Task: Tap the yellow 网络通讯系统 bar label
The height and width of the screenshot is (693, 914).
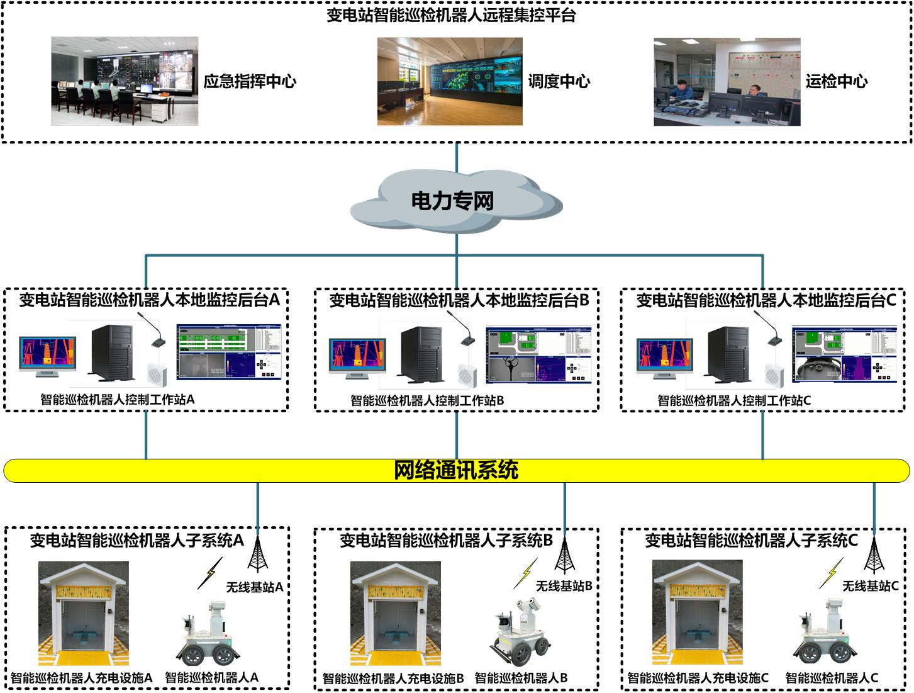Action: [x=456, y=470]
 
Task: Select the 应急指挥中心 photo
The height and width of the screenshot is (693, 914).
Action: [x=125, y=81]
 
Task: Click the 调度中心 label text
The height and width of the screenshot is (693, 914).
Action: [x=559, y=81]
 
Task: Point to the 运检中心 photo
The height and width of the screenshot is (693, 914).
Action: [x=727, y=82]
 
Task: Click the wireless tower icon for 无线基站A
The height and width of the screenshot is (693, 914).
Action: [x=257, y=554]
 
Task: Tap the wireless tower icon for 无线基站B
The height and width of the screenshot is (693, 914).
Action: [x=564, y=554]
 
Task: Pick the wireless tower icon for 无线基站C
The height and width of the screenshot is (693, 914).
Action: [x=873, y=554]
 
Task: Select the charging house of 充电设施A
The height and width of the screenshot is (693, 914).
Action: [x=84, y=614]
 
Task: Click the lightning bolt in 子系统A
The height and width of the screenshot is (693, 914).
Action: [x=211, y=573]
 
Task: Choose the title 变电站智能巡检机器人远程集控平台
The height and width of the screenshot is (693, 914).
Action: [x=451, y=15]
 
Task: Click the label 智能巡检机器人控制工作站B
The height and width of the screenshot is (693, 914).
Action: [x=427, y=400]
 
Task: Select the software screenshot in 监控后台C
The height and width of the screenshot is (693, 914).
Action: [x=844, y=354]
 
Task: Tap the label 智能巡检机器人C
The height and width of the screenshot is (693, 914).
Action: [x=832, y=678]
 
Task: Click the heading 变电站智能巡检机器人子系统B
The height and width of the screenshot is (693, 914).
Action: [x=446, y=540]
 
